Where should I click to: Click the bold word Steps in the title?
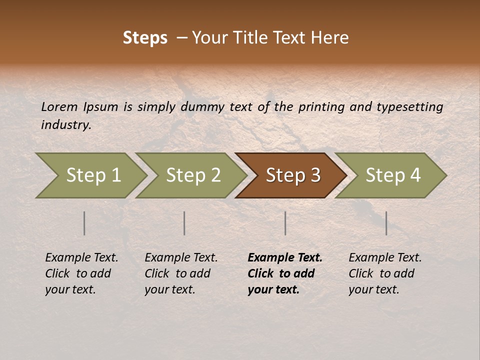pyautogui.click(x=145, y=37)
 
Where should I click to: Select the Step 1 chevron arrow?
pyautogui.click(x=93, y=175)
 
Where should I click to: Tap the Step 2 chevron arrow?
pyautogui.click(x=193, y=175)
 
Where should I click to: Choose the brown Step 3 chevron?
pyautogui.click(x=292, y=175)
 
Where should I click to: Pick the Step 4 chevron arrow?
pyautogui.click(x=392, y=175)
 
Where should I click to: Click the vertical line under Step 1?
pyautogui.click(x=84, y=223)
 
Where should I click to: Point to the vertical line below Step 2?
pyautogui.click(x=184, y=223)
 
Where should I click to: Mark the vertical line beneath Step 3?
pyautogui.click(x=285, y=223)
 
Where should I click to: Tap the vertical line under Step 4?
pyautogui.click(x=386, y=223)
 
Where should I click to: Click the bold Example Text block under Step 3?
pyautogui.click(x=285, y=273)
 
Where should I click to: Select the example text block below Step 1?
pyautogui.click(x=81, y=273)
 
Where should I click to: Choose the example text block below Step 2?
pyautogui.click(x=181, y=273)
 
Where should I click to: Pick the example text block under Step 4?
pyautogui.click(x=385, y=273)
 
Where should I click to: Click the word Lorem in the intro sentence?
pyautogui.click(x=59, y=107)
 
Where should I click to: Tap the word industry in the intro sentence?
pyautogui.click(x=65, y=125)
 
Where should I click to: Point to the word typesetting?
pyautogui.click(x=409, y=107)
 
